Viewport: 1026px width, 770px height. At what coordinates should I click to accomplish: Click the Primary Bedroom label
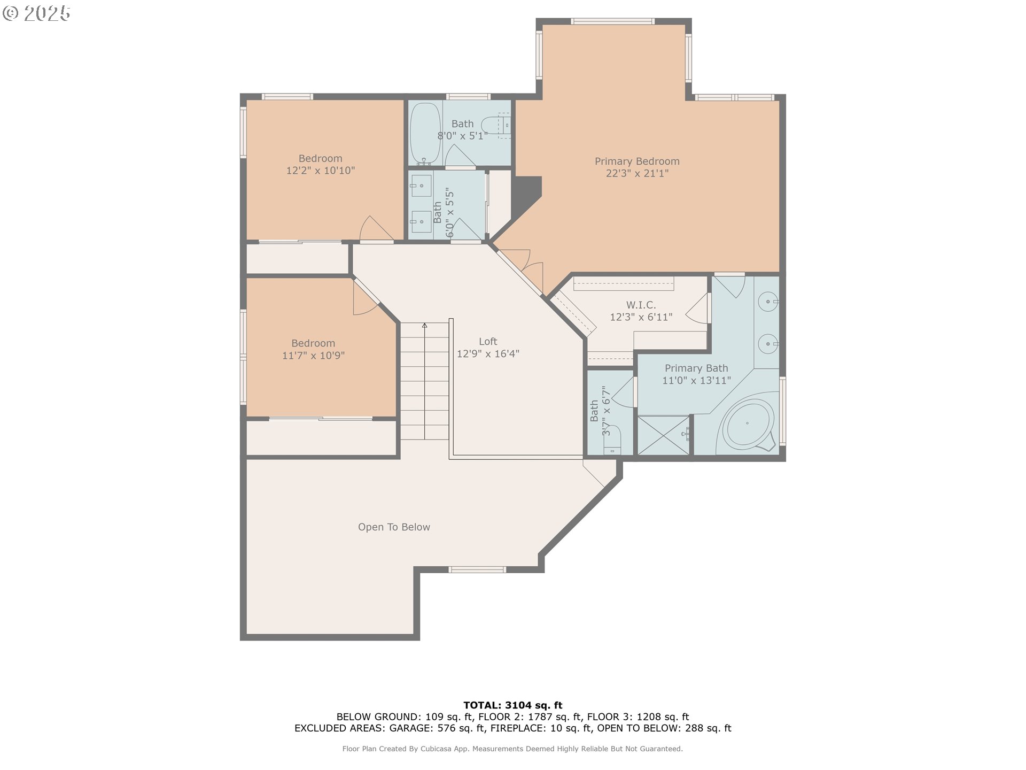(637, 161)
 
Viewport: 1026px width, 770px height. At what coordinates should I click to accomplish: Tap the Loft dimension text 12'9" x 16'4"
(488, 353)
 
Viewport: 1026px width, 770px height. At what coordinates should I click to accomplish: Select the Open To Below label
(394, 527)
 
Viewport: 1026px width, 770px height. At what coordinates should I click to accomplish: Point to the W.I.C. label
(641, 305)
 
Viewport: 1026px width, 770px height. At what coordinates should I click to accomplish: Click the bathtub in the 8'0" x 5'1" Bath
(425, 133)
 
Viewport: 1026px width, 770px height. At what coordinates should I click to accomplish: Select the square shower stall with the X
(663, 436)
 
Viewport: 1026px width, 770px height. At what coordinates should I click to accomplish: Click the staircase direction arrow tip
(425, 325)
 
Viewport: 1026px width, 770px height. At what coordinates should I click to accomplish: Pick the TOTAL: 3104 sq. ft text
(512, 705)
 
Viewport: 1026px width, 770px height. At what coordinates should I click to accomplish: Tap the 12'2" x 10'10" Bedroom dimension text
(320, 171)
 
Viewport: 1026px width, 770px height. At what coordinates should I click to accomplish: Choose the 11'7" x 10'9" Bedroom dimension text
(313, 356)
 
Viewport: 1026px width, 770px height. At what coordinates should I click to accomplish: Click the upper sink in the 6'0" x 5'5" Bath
(421, 186)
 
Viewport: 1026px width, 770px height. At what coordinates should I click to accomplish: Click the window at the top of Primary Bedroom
(612, 21)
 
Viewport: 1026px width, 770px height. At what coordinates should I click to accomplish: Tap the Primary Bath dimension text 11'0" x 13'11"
(696, 381)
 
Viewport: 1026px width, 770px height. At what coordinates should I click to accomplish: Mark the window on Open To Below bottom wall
(477, 569)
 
